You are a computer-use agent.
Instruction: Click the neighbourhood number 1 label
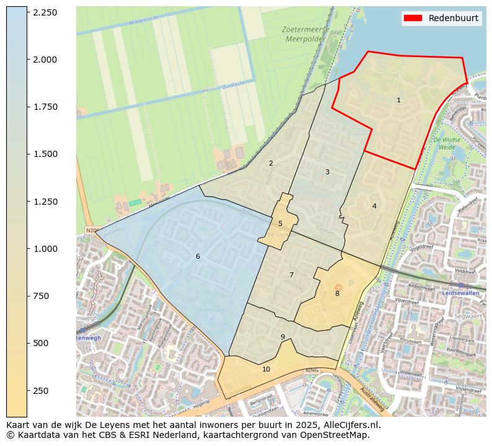pos(398,100)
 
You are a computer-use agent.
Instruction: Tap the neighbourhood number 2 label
pos(271,163)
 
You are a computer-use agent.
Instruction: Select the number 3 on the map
pos(327,172)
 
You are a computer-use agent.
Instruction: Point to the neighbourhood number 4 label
pos(374,206)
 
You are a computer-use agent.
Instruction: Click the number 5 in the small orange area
pos(280,223)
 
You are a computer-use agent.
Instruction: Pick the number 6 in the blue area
pos(198,256)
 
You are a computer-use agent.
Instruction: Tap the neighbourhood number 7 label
pos(291,275)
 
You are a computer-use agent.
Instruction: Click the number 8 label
pos(337,293)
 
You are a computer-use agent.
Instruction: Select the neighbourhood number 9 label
pos(283,337)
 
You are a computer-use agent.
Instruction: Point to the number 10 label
pos(266,369)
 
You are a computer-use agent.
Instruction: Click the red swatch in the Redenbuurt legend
pos(413,18)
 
